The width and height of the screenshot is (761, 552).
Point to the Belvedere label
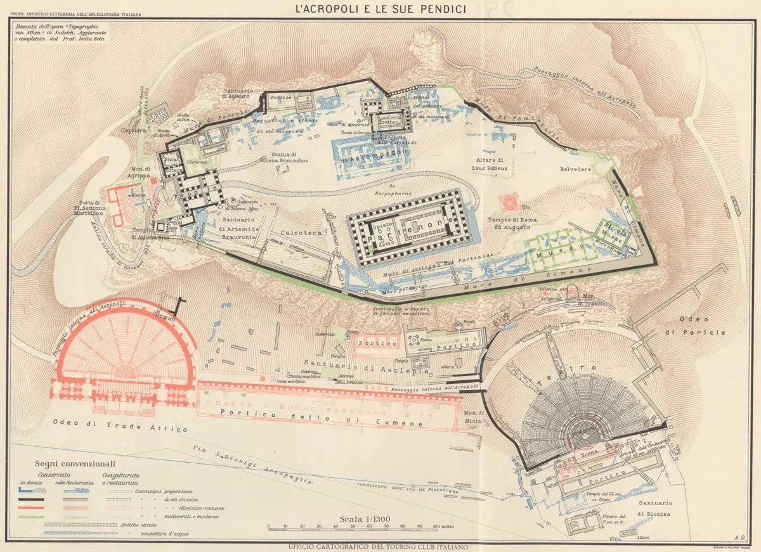coord(575,170)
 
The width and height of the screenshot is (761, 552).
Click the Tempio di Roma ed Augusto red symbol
coord(508,202)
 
